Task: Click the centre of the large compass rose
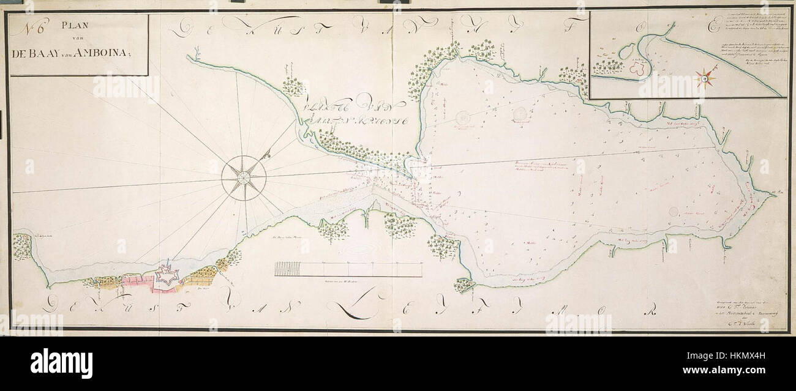pos(243,178)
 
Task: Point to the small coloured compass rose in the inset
pos(705,78)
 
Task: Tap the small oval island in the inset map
pos(626,53)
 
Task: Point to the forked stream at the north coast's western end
pos(193,59)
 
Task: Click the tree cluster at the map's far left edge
pos(21,245)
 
